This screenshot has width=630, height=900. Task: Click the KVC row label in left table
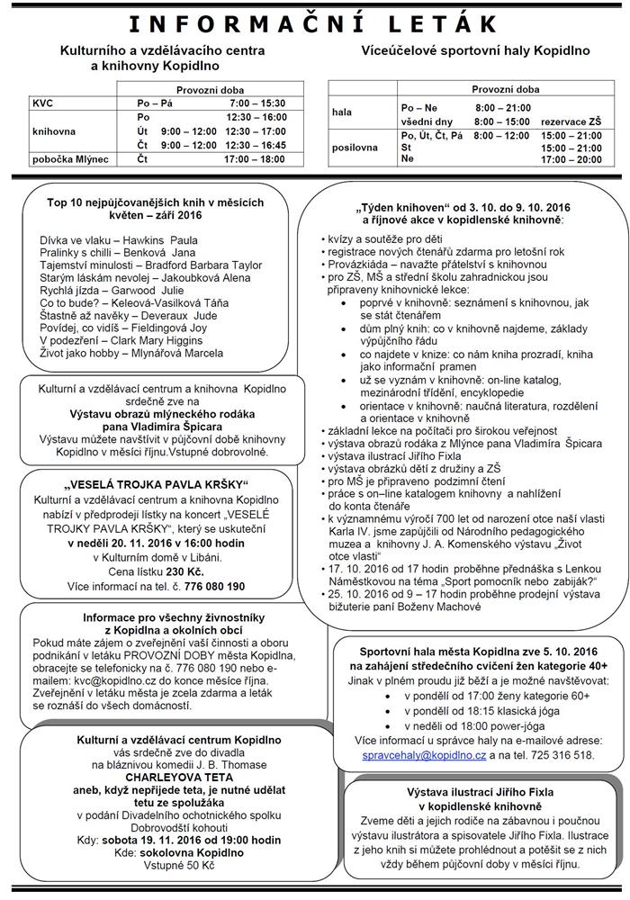click(43, 104)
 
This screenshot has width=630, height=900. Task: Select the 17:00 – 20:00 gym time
click(571, 159)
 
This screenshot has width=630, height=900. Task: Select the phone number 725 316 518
click(557, 755)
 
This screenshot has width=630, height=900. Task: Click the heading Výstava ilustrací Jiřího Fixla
click(479, 792)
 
